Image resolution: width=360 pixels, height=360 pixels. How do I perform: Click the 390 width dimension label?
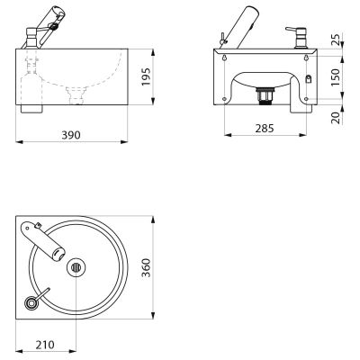point(71,135)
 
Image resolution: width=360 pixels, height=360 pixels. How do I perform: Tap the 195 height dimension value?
point(146,77)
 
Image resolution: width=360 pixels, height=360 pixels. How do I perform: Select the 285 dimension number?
point(265,129)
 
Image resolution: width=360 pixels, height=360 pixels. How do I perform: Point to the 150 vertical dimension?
point(337,77)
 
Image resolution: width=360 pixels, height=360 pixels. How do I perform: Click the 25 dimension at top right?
point(337,40)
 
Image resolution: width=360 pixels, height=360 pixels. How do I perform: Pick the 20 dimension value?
point(337,118)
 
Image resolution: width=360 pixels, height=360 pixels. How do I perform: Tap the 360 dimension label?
point(146,267)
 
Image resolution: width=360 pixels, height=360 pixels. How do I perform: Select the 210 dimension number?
point(45,345)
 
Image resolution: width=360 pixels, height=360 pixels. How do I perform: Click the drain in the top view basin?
point(76,267)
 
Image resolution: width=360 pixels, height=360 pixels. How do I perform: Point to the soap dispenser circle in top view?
point(31,302)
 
